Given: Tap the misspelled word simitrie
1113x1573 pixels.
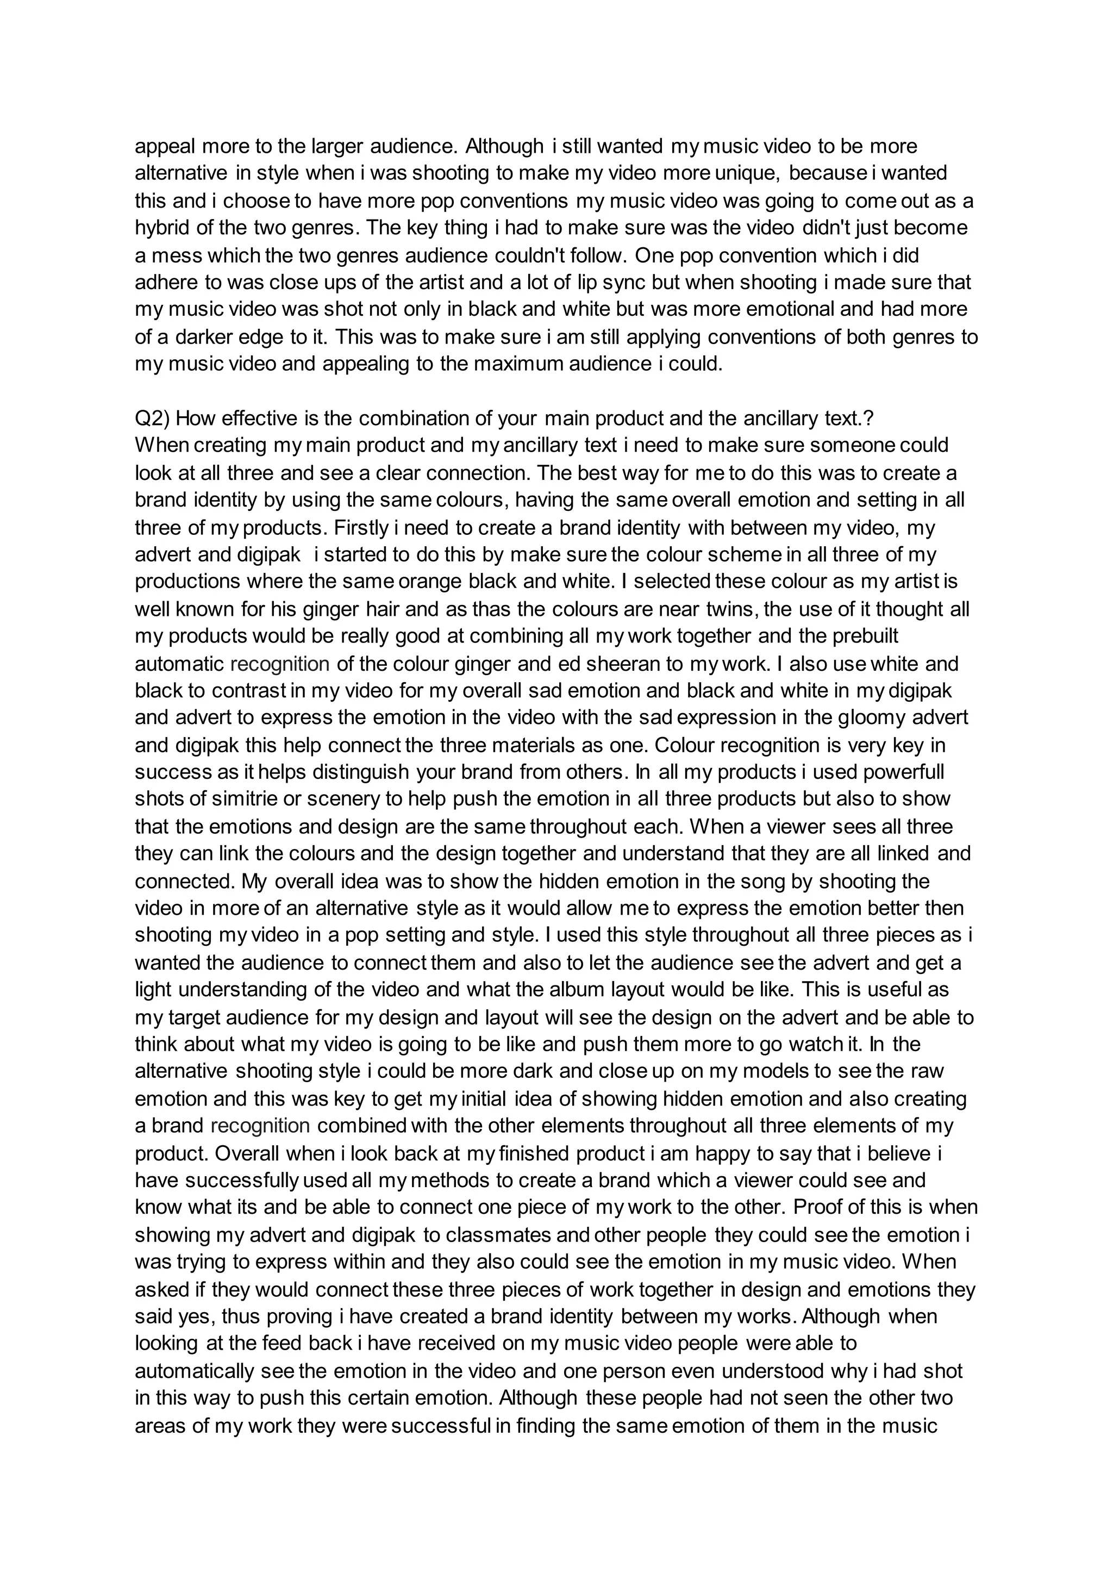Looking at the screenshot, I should click(239, 799).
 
